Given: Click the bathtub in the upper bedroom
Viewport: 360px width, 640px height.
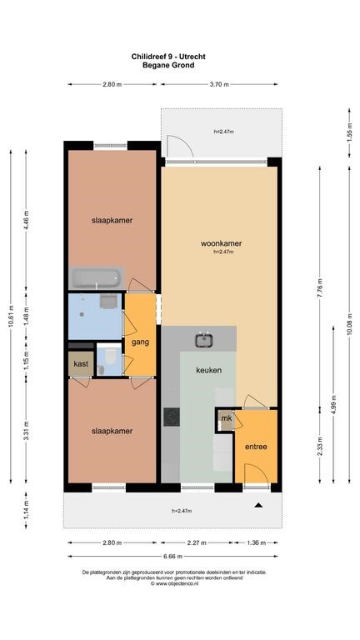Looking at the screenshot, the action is coord(97,278).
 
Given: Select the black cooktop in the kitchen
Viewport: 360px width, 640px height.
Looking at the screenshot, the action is coord(172,417).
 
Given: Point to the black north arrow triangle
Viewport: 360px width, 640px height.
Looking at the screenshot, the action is coord(258,505).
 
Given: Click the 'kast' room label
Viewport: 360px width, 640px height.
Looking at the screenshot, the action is coord(81,364).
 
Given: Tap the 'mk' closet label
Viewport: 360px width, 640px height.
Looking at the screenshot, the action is coord(227,418).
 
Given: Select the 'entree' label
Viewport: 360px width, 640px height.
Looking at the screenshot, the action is coord(256,447).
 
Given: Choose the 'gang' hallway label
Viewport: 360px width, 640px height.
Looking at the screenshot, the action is coord(140,342).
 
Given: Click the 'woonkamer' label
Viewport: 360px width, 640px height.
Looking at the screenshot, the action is coord(221,243).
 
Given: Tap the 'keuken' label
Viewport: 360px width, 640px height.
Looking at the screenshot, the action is coord(209,370).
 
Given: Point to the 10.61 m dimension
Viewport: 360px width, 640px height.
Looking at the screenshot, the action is coord(11,317).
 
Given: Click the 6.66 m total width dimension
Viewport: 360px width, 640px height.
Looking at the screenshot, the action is coord(173,556).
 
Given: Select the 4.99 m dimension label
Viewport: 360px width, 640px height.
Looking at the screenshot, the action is coord(334,404).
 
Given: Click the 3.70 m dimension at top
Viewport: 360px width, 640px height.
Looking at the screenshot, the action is coord(219,84).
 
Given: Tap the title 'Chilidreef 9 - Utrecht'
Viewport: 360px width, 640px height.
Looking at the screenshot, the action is coord(168,57).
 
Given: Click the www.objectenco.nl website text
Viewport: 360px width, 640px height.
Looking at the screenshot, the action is coord(174,583).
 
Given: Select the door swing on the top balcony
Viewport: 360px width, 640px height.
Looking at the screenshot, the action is coord(181,146).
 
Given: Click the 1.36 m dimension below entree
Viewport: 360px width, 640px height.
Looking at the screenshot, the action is coord(256,542).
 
